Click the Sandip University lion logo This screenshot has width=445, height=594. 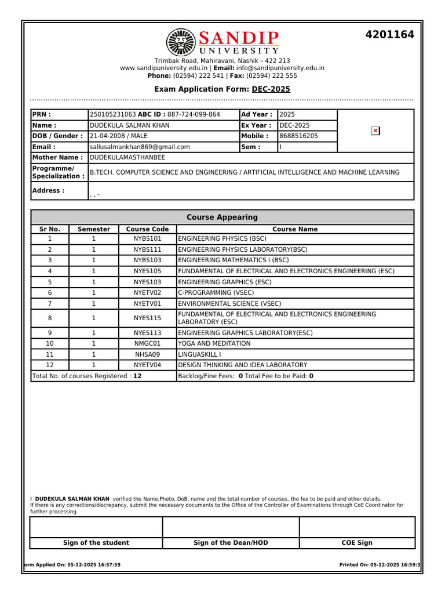tap(182, 42)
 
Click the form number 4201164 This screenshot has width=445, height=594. tap(389, 35)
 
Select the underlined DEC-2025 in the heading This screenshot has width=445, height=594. tap(271, 89)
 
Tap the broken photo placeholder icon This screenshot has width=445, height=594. tap(375, 131)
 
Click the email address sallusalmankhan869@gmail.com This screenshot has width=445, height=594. tap(140, 147)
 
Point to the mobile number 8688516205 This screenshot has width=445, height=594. tap(298, 136)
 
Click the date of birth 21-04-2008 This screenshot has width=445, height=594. tap(107, 136)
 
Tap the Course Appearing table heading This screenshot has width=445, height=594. tap(222, 218)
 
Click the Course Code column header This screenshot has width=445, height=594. tap(147, 229)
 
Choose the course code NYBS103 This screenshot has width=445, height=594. tap(147, 260)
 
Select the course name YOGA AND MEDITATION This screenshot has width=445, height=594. tap(214, 343)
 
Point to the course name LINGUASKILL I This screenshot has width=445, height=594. tap(199, 354)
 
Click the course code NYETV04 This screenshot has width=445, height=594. tap(147, 365)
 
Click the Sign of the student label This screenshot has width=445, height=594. tap(96, 543)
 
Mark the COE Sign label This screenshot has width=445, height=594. tap(357, 543)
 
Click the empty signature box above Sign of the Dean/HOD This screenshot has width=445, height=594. tap(231, 527)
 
